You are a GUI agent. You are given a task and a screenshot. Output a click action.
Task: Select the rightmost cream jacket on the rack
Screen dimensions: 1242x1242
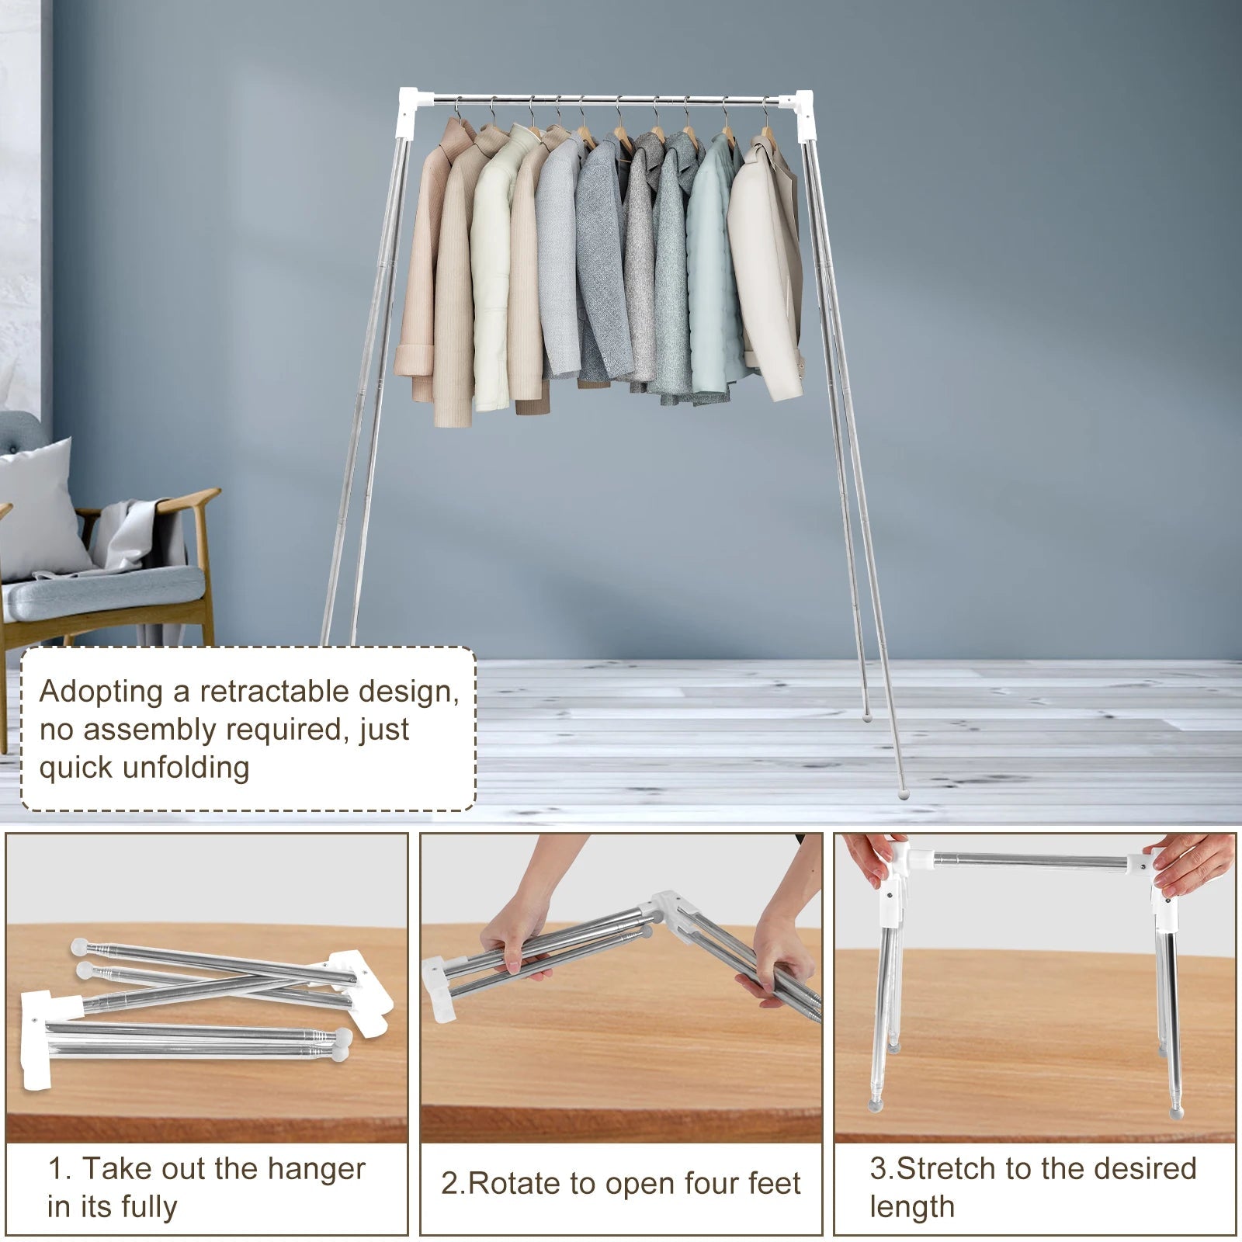point(765,264)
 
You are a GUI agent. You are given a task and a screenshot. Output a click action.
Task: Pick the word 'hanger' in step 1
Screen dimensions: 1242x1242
point(318,1168)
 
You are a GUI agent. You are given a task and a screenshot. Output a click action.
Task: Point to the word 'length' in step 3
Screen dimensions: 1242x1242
point(911,1207)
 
